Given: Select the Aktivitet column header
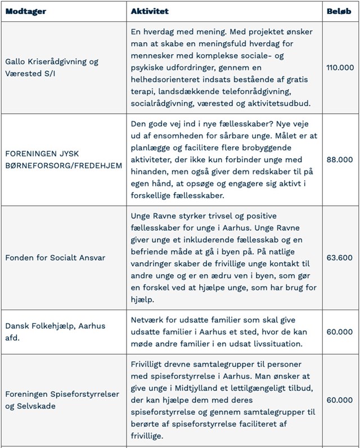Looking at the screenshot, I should coord(149,11).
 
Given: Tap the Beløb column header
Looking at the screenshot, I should coord(340,11).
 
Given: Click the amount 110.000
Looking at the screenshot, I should coord(340,68).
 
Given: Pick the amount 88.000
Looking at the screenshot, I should coord(340,159).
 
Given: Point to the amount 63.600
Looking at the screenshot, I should coord(340,257).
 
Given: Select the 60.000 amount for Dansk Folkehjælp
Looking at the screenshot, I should coord(340,331).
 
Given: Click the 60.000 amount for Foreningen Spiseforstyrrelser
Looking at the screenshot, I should coord(340,400).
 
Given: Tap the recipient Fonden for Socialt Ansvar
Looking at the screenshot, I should coord(55,257).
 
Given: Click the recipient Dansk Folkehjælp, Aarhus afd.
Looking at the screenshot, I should coord(55,331).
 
